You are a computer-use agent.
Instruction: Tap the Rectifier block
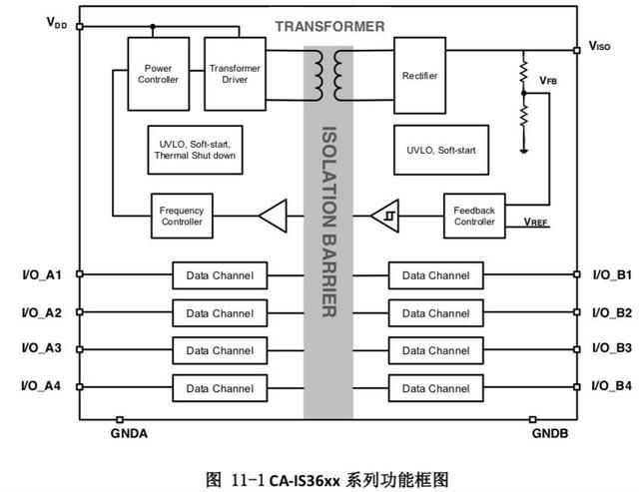pos(418,75)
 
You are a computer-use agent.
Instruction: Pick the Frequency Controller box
pos(181,215)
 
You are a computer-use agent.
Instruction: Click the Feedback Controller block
pos(474,215)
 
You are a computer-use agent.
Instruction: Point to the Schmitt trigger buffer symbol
pos(384,215)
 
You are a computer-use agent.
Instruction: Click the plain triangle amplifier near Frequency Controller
pos(273,215)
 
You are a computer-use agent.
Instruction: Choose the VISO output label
pos(599,46)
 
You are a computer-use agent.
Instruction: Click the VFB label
pos(548,80)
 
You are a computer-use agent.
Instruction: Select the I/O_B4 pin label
pos(612,385)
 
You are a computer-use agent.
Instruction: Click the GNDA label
pos(128,434)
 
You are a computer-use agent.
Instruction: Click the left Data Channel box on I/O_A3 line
pos(219,350)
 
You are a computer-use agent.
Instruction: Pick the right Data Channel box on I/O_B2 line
pos(435,313)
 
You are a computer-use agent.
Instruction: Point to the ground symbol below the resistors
pos(523,151)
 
